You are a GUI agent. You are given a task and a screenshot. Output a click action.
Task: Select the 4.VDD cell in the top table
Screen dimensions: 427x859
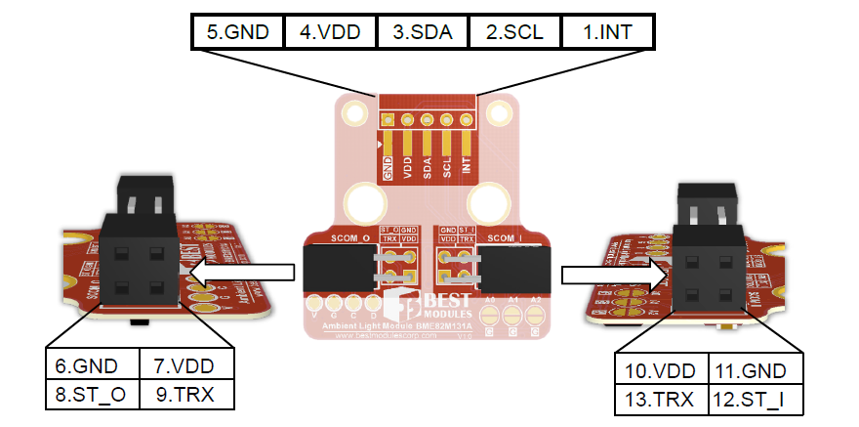coord(329,30)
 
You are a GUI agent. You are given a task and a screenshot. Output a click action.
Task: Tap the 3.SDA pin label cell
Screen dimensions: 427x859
coord(422,30)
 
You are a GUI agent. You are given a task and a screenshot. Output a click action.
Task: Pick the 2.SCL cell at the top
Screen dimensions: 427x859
coord(514,30)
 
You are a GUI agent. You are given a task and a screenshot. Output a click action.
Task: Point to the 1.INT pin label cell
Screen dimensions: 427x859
coord(607,30)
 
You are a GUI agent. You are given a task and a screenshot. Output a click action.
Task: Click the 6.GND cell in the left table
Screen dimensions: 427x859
coord(93,366)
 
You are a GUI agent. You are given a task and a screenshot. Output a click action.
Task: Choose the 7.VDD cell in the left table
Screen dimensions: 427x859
coord(186,366)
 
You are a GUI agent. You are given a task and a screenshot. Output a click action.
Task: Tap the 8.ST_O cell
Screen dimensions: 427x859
coord(93,394)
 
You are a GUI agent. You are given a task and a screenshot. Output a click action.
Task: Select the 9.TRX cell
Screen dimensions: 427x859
coord(186,394)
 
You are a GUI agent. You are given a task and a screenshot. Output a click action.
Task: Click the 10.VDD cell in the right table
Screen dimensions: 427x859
coord(661,372)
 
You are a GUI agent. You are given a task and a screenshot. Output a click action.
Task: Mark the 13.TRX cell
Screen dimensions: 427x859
coord(661,399)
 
